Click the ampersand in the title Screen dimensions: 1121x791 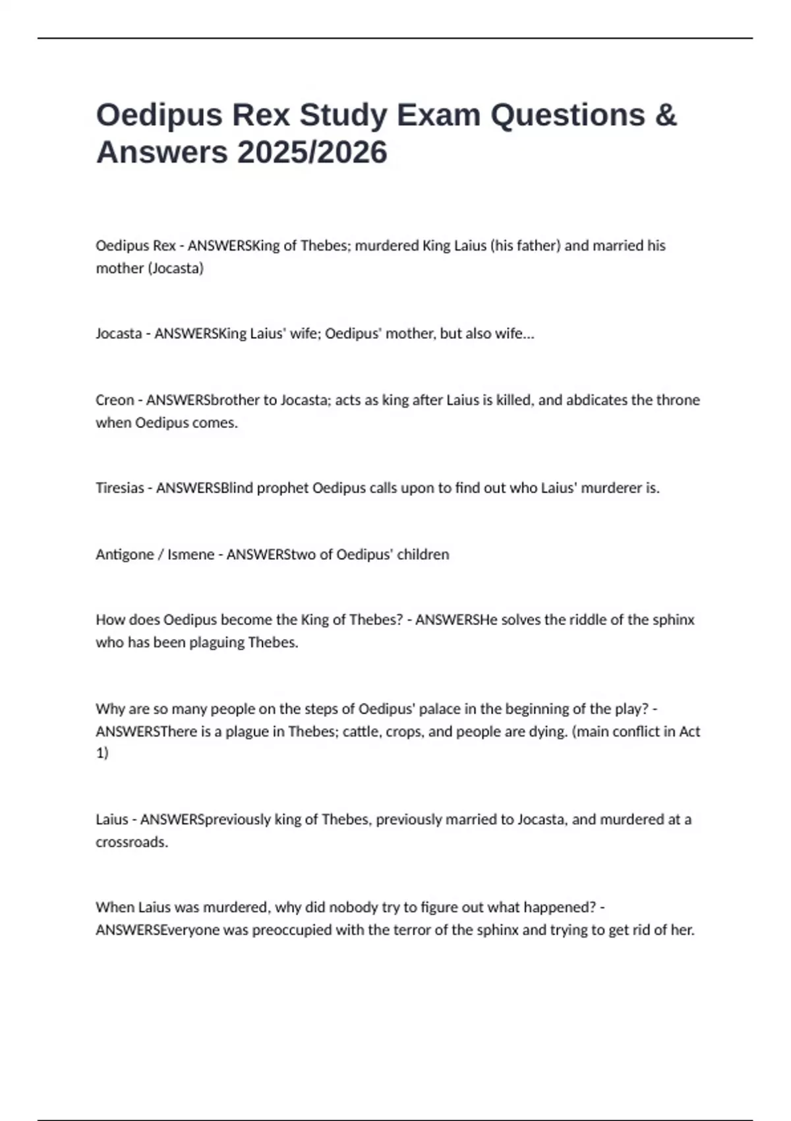(x=666, y=115)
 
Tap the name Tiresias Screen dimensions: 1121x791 (x=119, y=488)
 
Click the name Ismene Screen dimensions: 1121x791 (x=190, y=555)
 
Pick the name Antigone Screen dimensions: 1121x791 (x=125, y=555)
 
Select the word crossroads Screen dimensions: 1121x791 (x=131, y=842)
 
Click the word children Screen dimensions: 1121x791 (x=423, y=555)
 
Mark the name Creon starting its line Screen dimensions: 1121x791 (x=115, y=400)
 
